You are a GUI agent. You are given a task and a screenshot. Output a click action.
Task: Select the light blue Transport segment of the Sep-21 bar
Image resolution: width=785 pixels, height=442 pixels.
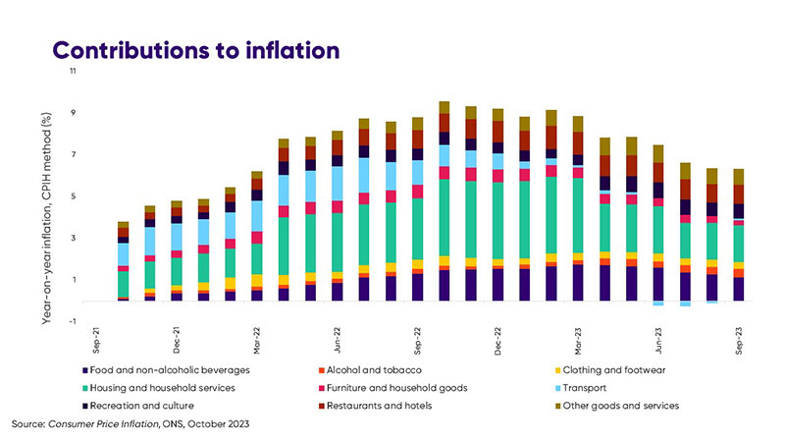[x=124, y=254]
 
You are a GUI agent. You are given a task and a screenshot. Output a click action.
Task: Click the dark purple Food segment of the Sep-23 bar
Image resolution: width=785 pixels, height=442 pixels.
[x=739, y=289]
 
